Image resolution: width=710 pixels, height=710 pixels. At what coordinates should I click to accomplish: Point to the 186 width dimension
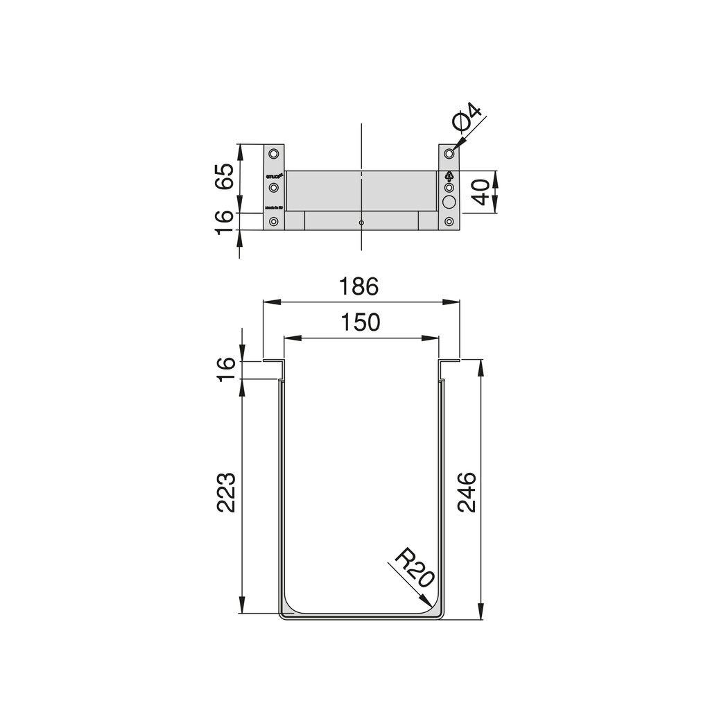359,286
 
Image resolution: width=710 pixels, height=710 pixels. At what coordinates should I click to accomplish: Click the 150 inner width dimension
361,322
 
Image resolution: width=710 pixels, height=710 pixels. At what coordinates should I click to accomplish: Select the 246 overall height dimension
466,491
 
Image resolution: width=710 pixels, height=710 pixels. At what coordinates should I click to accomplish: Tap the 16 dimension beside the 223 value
227,368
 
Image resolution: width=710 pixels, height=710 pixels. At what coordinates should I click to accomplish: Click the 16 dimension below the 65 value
223,222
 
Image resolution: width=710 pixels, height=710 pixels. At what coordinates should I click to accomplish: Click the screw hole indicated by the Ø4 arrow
449,153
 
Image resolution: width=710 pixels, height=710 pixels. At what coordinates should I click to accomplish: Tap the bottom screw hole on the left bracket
274,222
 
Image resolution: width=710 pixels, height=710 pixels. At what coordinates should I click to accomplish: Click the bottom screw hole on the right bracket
449,222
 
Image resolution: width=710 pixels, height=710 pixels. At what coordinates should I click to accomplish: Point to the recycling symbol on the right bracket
449,175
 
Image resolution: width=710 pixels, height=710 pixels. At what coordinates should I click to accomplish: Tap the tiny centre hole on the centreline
361,223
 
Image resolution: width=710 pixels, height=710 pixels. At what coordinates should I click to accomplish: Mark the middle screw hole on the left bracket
274,188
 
